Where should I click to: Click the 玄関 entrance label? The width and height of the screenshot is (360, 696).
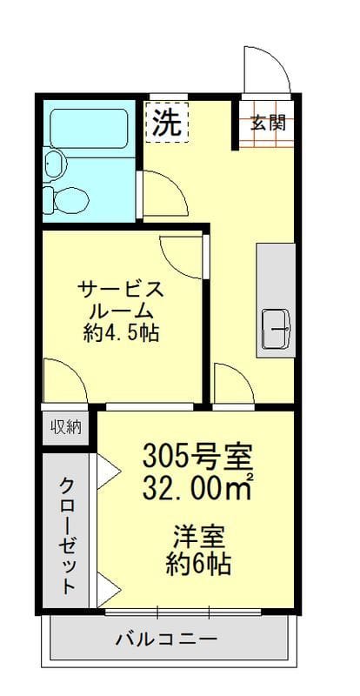point(269,123)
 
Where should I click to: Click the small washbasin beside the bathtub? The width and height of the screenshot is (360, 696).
point(55,163)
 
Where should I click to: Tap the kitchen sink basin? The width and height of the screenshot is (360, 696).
point(277,329)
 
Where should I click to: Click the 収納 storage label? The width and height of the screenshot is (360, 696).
point(65,426)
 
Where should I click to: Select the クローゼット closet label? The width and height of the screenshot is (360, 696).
point(67,534)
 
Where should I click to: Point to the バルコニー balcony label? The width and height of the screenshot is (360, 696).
point(167,639)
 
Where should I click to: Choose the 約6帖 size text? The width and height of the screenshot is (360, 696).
point(198,565)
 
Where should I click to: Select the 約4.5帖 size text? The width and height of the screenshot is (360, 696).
point(120,332)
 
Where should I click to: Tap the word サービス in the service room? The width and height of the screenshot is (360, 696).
point(120,288)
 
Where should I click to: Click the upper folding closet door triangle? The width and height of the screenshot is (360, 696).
point(109,471)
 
